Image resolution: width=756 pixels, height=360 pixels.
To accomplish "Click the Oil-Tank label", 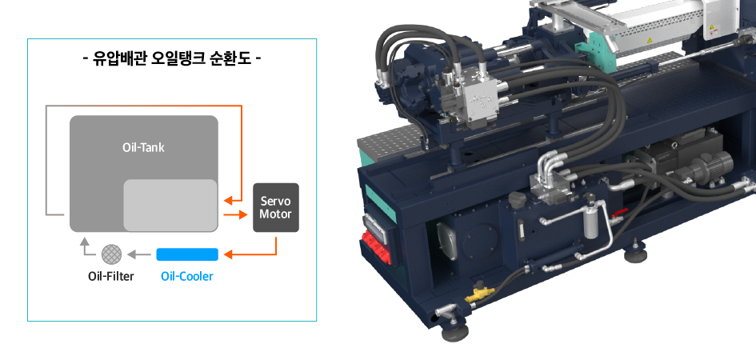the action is [143, 147].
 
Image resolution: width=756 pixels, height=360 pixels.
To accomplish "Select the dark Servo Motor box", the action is [276, 207].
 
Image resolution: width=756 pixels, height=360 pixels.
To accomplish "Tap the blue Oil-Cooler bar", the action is [187, 254].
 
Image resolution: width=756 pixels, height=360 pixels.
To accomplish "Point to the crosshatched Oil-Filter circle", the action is [111, 254].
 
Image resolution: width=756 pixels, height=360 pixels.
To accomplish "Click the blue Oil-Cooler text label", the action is [187, 277].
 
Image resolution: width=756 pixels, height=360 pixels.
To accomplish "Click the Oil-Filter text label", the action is [111, 277].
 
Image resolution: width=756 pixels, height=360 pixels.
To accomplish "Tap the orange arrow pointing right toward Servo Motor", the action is [236, 214].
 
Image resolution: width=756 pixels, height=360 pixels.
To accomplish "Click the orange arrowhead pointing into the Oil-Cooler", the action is [230, 254].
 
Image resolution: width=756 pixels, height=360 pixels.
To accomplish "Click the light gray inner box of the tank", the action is [170, 205].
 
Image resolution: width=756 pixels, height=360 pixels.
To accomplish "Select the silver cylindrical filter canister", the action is [590, 222].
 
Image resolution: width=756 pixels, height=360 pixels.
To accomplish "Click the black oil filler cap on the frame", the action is [518, 199].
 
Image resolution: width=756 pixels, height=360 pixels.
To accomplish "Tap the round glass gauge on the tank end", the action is [446, 242].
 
